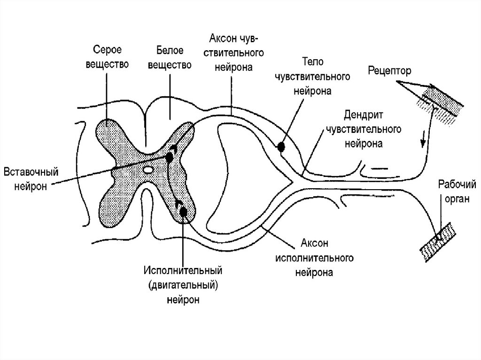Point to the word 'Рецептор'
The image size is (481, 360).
pyautogui.click(x=389, y=71)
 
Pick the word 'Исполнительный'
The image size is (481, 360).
pyautogui.click(x=182, y=271)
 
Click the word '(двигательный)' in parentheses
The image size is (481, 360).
pyautogui.click(x=182, y=285)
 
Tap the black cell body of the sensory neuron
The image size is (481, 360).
pyautogui.click(x=281, y=147)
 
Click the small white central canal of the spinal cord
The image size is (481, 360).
pyautogui.click(x=147, y=169)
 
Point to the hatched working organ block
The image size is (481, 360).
pyautogui.click(x=437, y=239)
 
